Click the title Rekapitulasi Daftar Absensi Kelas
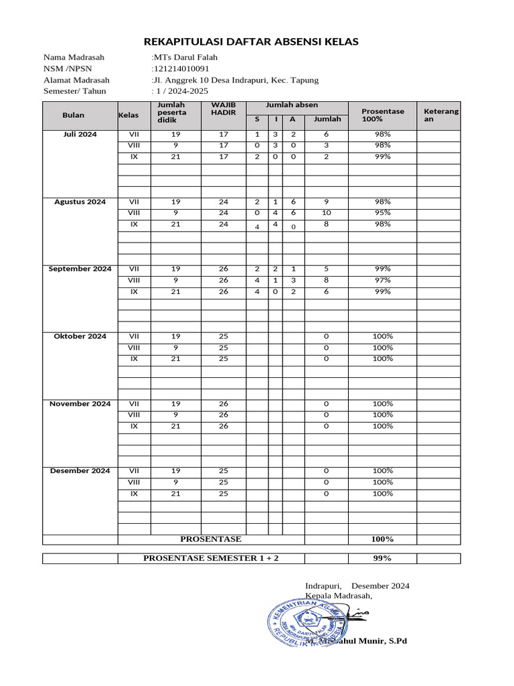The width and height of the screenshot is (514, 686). (251, 42)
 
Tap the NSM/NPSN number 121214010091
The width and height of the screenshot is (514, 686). (181, 69)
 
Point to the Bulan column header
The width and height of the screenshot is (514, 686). (73, 115)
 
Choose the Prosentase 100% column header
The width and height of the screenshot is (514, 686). (382, 115)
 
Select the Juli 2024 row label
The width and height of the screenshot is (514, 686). (80, 135)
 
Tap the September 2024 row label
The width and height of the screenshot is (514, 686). (80, 269)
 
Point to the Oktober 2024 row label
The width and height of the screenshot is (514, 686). (80, 336)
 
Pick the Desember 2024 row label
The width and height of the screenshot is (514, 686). (80, 471)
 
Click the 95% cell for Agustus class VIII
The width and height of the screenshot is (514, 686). (382, 213)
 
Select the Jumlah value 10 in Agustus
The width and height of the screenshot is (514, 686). (327, 213)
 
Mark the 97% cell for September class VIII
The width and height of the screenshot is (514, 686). (382, 280)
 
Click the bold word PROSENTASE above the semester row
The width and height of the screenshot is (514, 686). (211, 539)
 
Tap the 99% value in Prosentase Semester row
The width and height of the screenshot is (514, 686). (382, 559)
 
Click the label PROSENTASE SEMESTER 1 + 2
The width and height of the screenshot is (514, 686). (211, 559)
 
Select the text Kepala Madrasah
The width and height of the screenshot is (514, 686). (338, 596)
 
